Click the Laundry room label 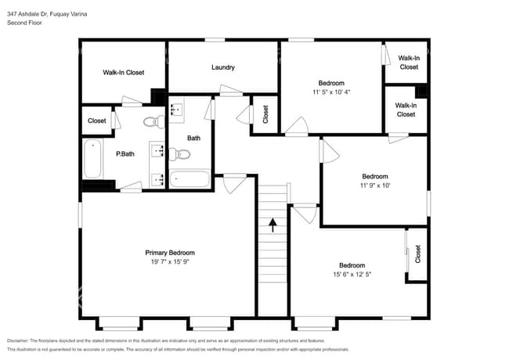click(223, 67)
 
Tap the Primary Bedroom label click(170, 253)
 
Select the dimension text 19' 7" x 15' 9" click(170, 262)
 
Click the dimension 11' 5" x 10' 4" click(330, 92)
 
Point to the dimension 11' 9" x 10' click(374, 185)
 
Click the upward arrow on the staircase click(273, 225)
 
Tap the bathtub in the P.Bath click(92, 159)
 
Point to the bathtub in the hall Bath click(190, 179)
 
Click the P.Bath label click(125, 154)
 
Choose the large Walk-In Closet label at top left click(124, 73)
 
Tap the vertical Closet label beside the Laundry click(265, 115)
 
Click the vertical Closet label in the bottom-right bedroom click(417, 254)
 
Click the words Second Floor click(24, 23)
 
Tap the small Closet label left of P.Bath click(97, 121)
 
